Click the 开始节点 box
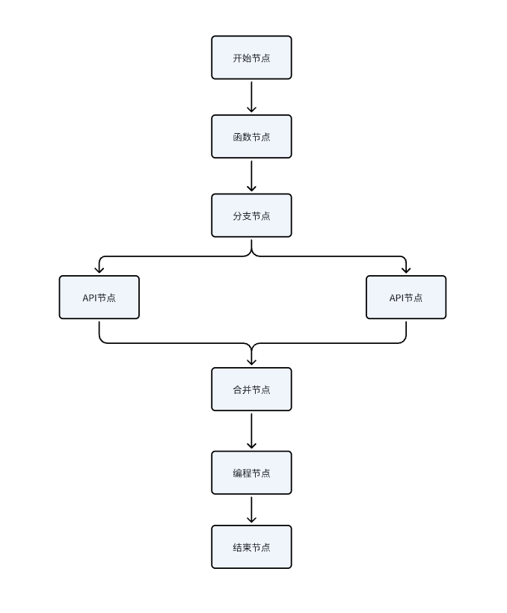(251, 58)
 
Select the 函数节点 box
(251, 137)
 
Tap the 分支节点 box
(251, 216)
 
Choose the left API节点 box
(99, 298)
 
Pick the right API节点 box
(406, 298)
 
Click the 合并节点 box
(251, 389)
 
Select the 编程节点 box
(251, 472)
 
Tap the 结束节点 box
(251, 547)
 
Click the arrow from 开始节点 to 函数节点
(251, 96)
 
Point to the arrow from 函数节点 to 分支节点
(251, 176)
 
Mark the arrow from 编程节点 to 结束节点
(251, 509)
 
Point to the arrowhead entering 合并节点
(251, 362)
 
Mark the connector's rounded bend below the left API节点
(102, 340)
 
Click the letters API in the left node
(90, 298)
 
